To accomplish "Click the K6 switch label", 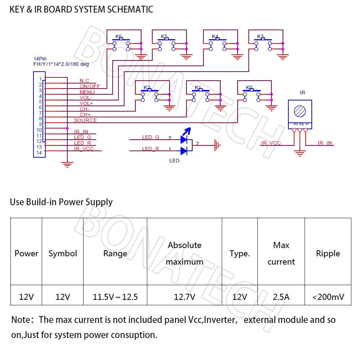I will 118,36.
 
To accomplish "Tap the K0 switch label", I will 249,87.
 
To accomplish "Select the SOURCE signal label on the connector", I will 85,120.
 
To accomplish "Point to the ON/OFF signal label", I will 90,86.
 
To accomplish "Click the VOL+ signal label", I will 86,103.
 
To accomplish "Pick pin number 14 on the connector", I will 39,153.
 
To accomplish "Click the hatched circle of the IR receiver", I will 300,111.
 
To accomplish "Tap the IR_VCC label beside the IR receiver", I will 271,143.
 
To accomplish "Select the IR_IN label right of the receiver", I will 325,143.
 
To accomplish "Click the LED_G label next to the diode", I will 150,137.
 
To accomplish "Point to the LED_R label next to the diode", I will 150,149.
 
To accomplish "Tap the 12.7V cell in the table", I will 184,297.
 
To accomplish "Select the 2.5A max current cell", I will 281,297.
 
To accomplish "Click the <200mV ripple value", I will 328,297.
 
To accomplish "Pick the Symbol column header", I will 63,253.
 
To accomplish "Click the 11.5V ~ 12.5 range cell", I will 115,297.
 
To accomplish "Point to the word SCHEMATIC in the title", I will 131,9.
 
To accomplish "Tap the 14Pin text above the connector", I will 40,59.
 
